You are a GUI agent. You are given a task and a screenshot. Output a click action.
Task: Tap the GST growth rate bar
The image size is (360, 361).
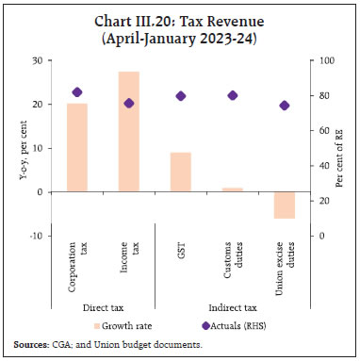click(181, 172)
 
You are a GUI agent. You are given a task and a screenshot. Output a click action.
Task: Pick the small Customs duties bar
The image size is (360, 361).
click(233, 189)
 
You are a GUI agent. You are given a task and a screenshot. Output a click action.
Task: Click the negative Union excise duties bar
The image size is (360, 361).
click(285, 205)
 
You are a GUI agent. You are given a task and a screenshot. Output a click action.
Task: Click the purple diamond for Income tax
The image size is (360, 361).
click(128, 103)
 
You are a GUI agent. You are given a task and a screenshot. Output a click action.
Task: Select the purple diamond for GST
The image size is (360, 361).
click(181, 96)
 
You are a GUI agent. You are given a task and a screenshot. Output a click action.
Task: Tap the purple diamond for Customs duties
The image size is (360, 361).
click(233, 95)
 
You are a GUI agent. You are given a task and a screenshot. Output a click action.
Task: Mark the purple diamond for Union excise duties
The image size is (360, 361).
click(285, 106)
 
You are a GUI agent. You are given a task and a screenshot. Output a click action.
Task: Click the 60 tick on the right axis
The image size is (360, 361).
click(322, 131)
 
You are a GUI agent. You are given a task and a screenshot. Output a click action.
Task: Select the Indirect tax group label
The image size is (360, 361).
click(232, 306)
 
